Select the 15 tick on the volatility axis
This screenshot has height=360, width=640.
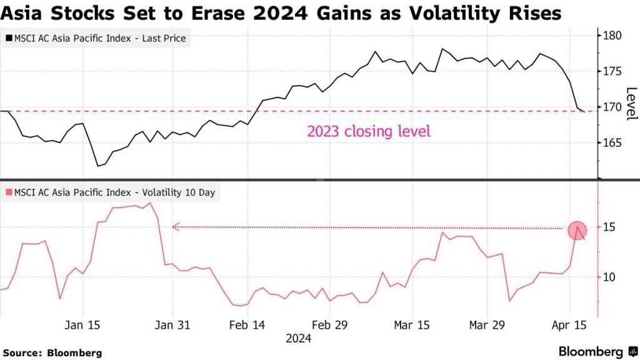tap(609, 227)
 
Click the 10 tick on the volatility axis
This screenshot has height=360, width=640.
tap(609, 277)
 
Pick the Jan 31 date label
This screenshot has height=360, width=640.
tap(172, 325)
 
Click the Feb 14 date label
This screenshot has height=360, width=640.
tap(248, 325)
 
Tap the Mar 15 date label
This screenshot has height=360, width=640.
tap(412, 325)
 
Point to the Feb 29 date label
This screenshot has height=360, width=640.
tap(329, 325)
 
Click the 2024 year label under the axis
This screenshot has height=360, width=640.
tap(298, 339)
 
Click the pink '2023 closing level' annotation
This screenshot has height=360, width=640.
tap(369, 132)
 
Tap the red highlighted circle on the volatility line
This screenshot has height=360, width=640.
tap(577, 230)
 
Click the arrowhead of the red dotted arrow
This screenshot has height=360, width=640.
tap(176, 227)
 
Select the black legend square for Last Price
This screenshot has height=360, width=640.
tap(8, 39)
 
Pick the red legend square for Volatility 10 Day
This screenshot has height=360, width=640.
tap(8, 192)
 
